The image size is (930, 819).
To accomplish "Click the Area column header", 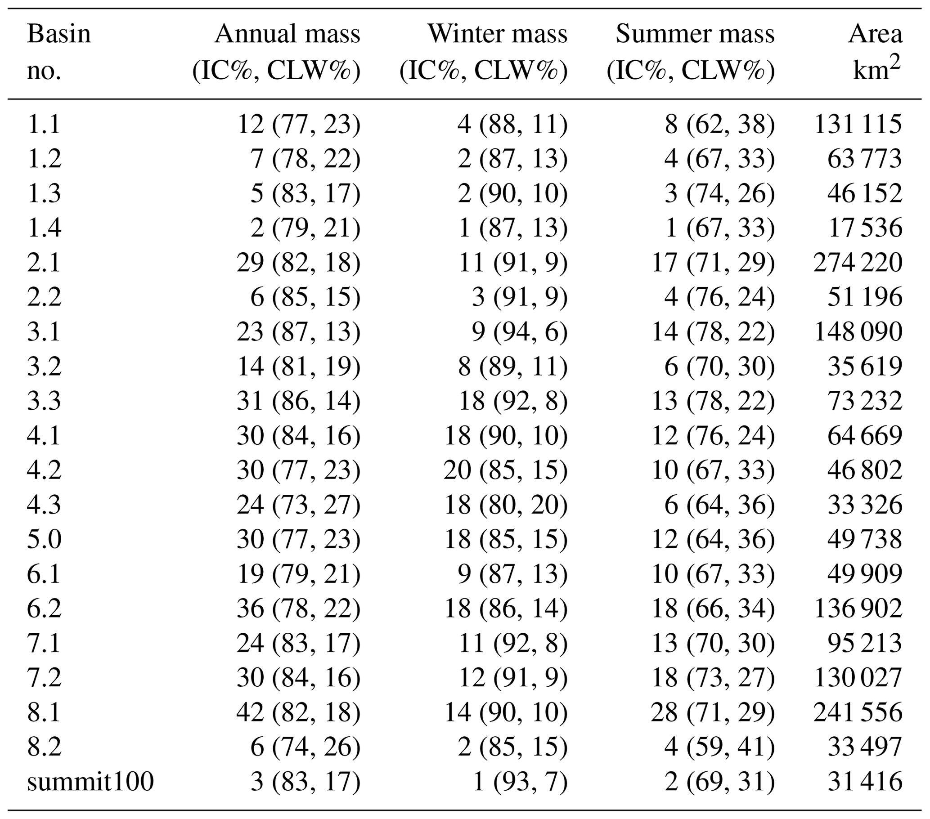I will tap(875, 34).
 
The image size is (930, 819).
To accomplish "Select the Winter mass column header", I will tap(497, 34).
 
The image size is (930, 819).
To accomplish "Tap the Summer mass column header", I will tap(695, 34).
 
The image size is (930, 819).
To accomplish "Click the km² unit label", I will tap(876, 71).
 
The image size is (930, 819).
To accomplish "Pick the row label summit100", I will tap(90, 782).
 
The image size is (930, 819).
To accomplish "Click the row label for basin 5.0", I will tap(44, 540).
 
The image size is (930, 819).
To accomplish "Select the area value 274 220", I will tap(857, 263).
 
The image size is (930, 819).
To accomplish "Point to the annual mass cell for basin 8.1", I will tap(298, 712).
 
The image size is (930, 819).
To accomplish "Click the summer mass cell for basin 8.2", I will tap(719, 747).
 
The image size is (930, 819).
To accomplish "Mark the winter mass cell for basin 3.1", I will tap(519, 332).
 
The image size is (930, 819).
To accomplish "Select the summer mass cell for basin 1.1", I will tap(719, 125).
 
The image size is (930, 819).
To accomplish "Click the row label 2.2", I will tap(44, 297).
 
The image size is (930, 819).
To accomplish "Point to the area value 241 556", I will tap(857, 712).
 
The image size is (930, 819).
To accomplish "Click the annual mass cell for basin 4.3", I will tap(298, 505).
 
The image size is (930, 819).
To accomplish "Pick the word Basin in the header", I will tap(58, 34).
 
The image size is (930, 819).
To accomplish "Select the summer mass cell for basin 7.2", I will tap(713, 678).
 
